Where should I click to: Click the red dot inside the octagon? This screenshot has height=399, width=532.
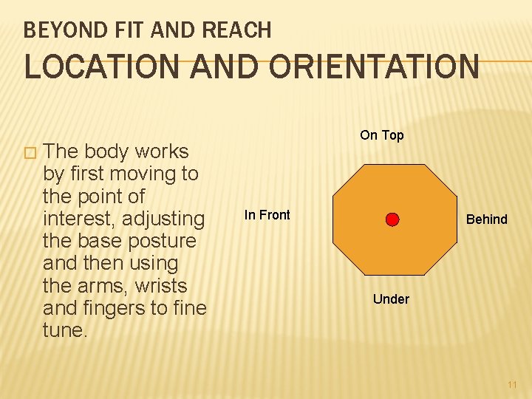coord(392,219)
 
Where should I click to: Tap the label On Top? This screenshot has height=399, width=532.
coord(381,135)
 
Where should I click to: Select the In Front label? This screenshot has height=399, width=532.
coord(267,215)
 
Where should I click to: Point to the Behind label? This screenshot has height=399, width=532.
coord(486,219)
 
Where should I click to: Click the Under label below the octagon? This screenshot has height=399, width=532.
coord(391,299)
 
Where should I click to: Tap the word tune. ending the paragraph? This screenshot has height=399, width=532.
coord(65,330)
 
